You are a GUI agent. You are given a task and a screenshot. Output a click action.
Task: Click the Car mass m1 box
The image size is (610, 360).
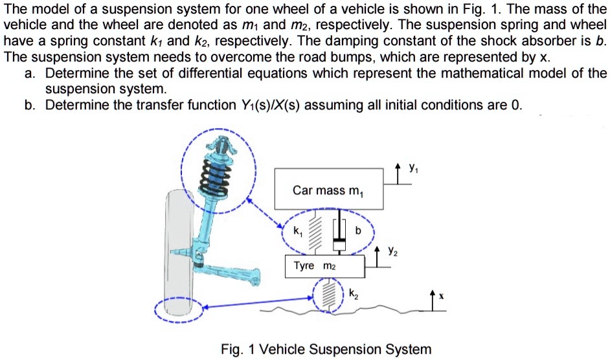(x=329, y=189)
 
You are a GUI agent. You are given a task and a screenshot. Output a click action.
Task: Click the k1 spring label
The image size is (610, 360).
(x=297, y=231)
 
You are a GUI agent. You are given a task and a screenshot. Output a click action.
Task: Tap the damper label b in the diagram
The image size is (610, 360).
(x=357, y=230)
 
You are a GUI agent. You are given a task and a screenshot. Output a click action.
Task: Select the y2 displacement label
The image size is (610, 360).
(x=392, y=249)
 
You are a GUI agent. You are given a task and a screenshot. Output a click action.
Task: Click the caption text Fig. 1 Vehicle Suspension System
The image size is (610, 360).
(x=326, y=350)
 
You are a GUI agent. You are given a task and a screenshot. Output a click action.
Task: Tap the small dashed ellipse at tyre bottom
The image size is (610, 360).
(x=179, y=308)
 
